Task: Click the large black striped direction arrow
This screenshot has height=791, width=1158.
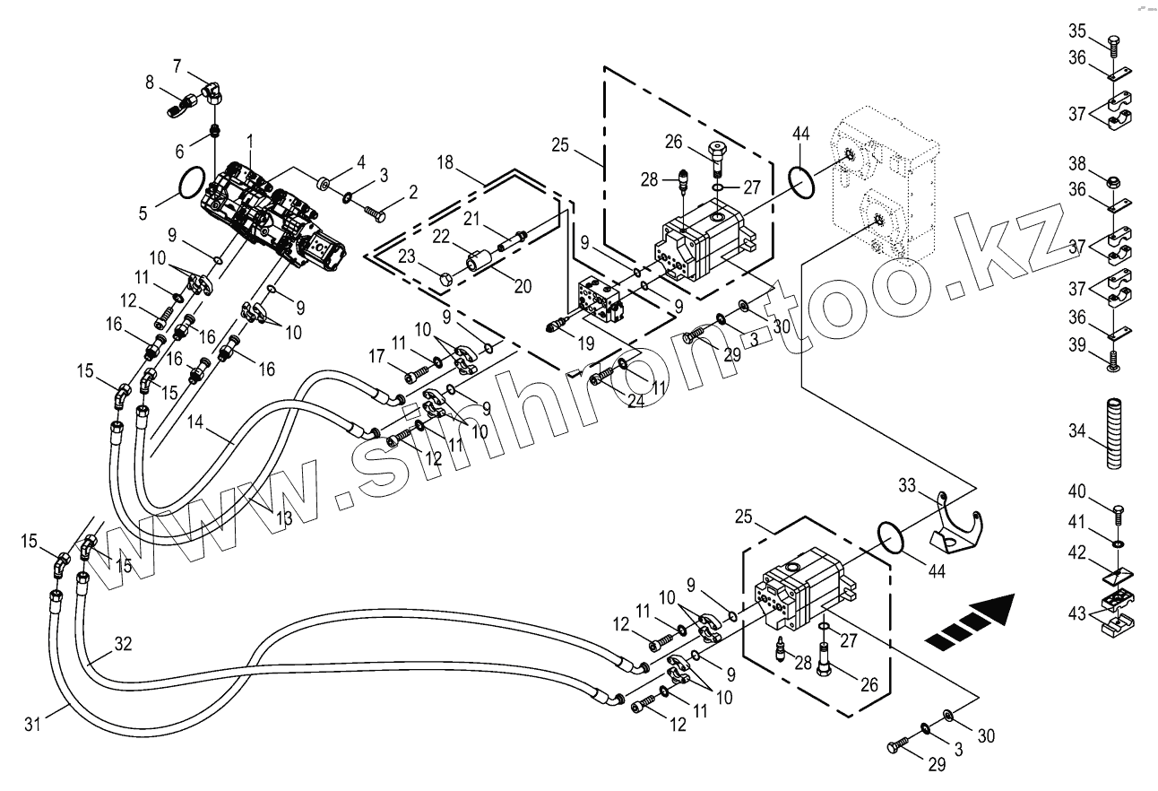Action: click(x=973, y=619)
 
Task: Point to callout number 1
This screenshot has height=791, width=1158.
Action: click(x=250, y=141)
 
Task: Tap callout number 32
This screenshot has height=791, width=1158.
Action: click(x=123, y=643)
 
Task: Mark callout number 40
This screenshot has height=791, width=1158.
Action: click(x=1076, y=491)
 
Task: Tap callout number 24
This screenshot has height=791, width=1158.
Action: click(x=635, y=401)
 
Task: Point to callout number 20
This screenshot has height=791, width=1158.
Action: click(x=523, y=287)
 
